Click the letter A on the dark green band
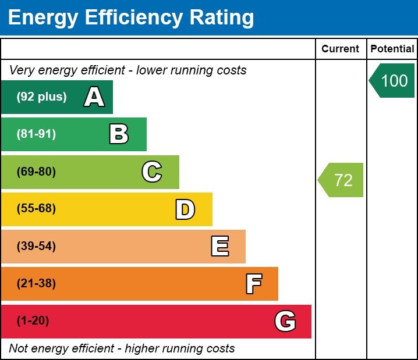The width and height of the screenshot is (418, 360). [x=94, y=97]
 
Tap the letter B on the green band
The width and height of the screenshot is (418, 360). [x=119, y=134]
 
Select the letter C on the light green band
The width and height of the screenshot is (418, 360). [x=152, y=172]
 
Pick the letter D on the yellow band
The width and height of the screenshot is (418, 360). [x=185, y=209]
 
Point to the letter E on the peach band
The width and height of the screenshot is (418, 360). [x=219, y=247]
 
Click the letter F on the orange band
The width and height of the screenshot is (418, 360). [x=253, y=284]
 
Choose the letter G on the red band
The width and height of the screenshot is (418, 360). [x=285, y=321]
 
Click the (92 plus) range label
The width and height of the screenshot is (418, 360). [x=41, y=97]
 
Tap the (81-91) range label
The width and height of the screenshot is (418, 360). [x=36, y=134]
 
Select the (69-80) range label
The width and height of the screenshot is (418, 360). [x=36, y=172]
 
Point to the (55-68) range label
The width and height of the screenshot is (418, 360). [x=36, y=209]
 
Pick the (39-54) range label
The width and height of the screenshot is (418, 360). [x=36, y=247]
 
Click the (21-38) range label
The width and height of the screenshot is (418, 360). [x=36, y=284]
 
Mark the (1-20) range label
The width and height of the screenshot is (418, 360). [x=33, y=321]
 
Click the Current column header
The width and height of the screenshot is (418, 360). [x=341, y=49]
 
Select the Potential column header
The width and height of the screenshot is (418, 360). [x=392, y=49]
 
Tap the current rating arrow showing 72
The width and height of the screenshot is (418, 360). [x=342, y=180]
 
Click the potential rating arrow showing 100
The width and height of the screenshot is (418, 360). [x=393, y=80]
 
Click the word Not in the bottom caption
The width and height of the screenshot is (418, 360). [x=18, y=349]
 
